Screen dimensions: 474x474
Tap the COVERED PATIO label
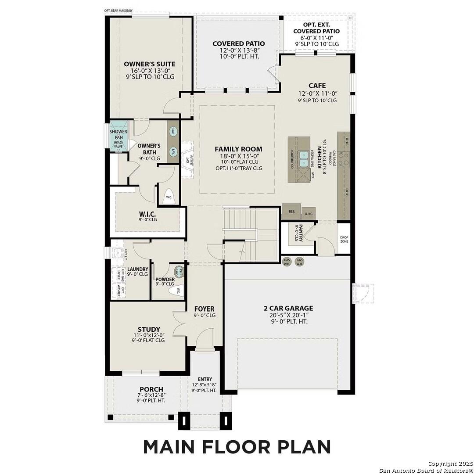click(238, 43)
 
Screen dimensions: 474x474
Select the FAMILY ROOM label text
click(238, 149)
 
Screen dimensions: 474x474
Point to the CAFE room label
click(317, 86)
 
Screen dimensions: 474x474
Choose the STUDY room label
click(148, 329)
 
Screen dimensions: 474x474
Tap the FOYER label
click(205, 309)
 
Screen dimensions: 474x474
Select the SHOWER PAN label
click(118, 134)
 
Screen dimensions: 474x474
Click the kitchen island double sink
click(303, 159)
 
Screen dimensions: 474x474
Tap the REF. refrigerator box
click(292, 211)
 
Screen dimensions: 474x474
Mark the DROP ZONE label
click(344, 240)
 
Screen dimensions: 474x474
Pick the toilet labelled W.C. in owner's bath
click(169, 196)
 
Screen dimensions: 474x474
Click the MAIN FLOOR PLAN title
click(237, 446)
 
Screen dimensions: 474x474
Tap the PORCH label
click(151, 389)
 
